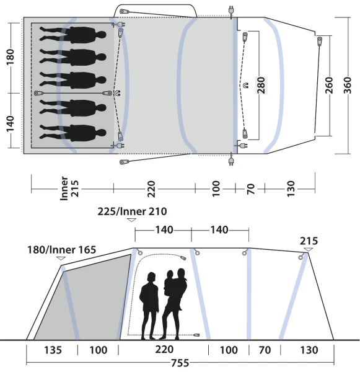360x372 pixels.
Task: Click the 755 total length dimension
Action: (180, 363)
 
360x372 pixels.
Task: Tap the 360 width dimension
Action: (348, 85)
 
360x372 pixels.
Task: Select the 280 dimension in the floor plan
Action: (261, 85)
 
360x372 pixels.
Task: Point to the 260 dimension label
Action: (329, 85)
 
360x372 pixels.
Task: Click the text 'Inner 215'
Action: (69, 188)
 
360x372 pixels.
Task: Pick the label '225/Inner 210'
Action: (133, 211)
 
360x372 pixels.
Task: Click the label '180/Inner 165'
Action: (62, 250)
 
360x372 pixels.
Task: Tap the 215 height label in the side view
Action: (309, 241)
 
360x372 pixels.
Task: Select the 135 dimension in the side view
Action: (53, 350)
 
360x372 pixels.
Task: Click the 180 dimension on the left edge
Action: (10, 57)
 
